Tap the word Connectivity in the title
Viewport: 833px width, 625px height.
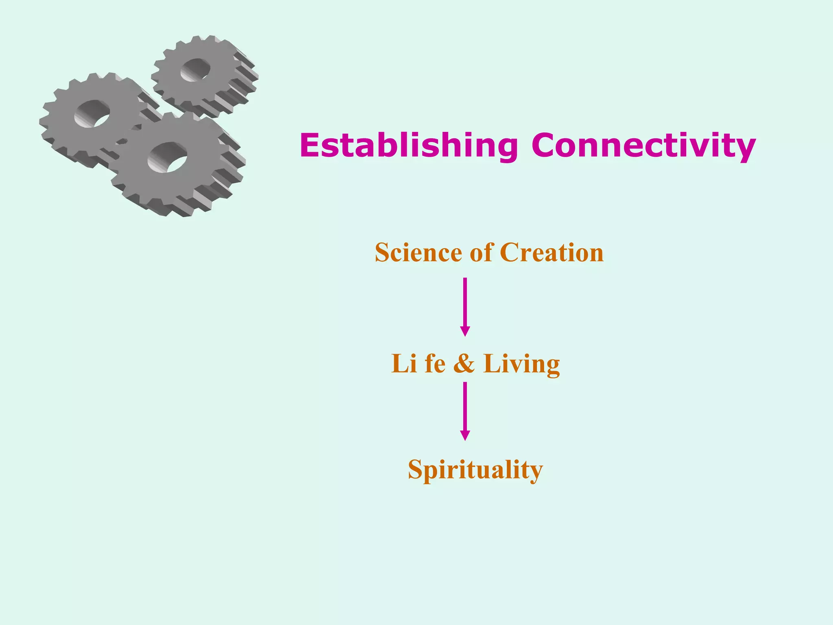[x=643, y=145]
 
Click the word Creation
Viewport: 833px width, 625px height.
[x=552, y=253]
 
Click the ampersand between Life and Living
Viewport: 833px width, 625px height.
[x=464, y=363]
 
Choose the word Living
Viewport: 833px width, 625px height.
[x=521, y=364]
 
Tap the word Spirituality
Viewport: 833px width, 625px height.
[x=475, y=470]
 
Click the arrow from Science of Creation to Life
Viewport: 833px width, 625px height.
[x=465, y=305]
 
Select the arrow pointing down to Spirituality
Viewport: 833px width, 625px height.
[x=465, y=409]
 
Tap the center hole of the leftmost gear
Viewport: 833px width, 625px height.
[x=92, y=114]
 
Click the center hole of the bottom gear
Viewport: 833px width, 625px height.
[x=168, y=157]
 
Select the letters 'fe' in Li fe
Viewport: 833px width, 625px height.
[x=435, y=363]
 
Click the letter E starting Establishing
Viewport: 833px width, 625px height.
[x=310, y=145]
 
